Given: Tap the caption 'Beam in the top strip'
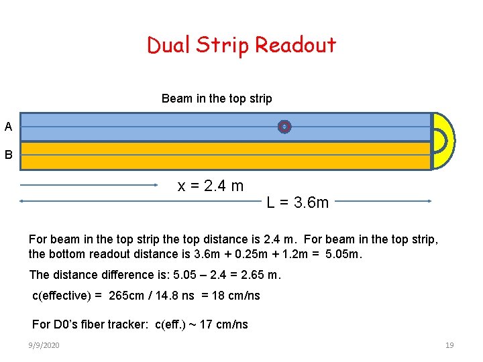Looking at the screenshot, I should (x=217, y=99).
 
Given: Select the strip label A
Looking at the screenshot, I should (x=8, y=126).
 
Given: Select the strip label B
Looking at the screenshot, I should (x=8, y=155).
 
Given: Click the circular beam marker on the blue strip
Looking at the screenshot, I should (x=284, y=126).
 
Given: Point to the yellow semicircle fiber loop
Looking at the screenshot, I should (x=443, y=140).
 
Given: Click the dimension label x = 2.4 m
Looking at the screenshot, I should (x=210, y=186).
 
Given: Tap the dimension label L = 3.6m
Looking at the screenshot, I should (x=298, y=202).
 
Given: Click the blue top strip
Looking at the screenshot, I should (x=168, y=127).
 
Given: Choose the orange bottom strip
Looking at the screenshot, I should (x=168, y=156).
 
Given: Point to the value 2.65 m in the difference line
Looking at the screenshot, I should (x=260, y=275).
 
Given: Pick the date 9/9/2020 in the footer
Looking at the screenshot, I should (x=44, y=345).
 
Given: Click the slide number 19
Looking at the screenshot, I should (x=449, y=345).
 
